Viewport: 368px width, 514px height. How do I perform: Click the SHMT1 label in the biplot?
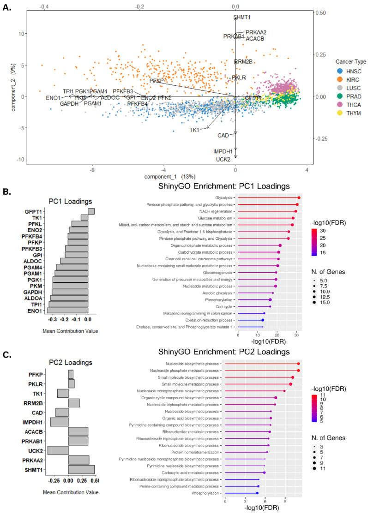point(242,17)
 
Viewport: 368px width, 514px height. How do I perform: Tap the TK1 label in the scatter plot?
point(194,130)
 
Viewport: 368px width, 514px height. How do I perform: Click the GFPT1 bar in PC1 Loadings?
point(91,211)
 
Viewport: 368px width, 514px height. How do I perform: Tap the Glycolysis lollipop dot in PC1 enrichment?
point(299,197)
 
